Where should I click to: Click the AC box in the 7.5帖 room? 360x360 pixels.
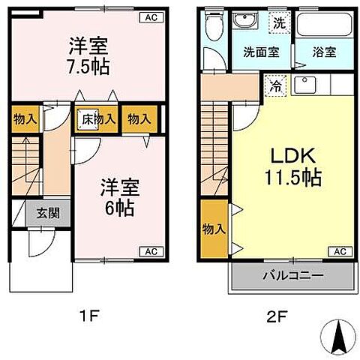coord(149,17)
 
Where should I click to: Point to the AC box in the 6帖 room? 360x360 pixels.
coord(149,251)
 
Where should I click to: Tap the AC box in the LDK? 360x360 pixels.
coord(339,251)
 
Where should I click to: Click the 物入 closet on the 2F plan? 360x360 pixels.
coord(213,229)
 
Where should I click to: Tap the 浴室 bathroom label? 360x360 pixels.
coord(324,53)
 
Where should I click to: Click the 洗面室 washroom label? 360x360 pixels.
coord(261,53)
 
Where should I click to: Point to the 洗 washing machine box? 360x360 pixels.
coord(277,23)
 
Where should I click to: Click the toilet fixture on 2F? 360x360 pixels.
coord(215,28)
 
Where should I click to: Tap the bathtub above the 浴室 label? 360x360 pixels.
coord(324,25)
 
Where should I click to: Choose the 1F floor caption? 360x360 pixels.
coord(88,316)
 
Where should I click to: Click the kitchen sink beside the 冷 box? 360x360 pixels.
coord(305,85)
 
